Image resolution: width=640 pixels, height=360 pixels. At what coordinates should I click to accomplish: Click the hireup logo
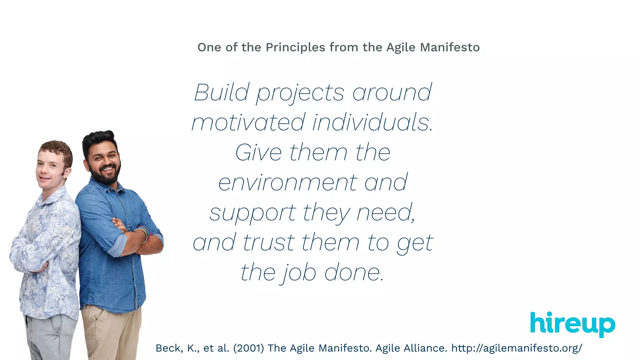click(572, 324)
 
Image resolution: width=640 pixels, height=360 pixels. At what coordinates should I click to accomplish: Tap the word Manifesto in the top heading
click(450, 47)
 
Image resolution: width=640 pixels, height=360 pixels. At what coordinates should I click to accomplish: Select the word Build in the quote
click(222, 92)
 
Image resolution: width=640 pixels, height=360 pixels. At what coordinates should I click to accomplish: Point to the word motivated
click(248, 122)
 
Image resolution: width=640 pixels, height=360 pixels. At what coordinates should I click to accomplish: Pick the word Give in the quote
click(258, 152)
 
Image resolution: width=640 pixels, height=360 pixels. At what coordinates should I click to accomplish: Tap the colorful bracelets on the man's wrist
click(144, 233)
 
